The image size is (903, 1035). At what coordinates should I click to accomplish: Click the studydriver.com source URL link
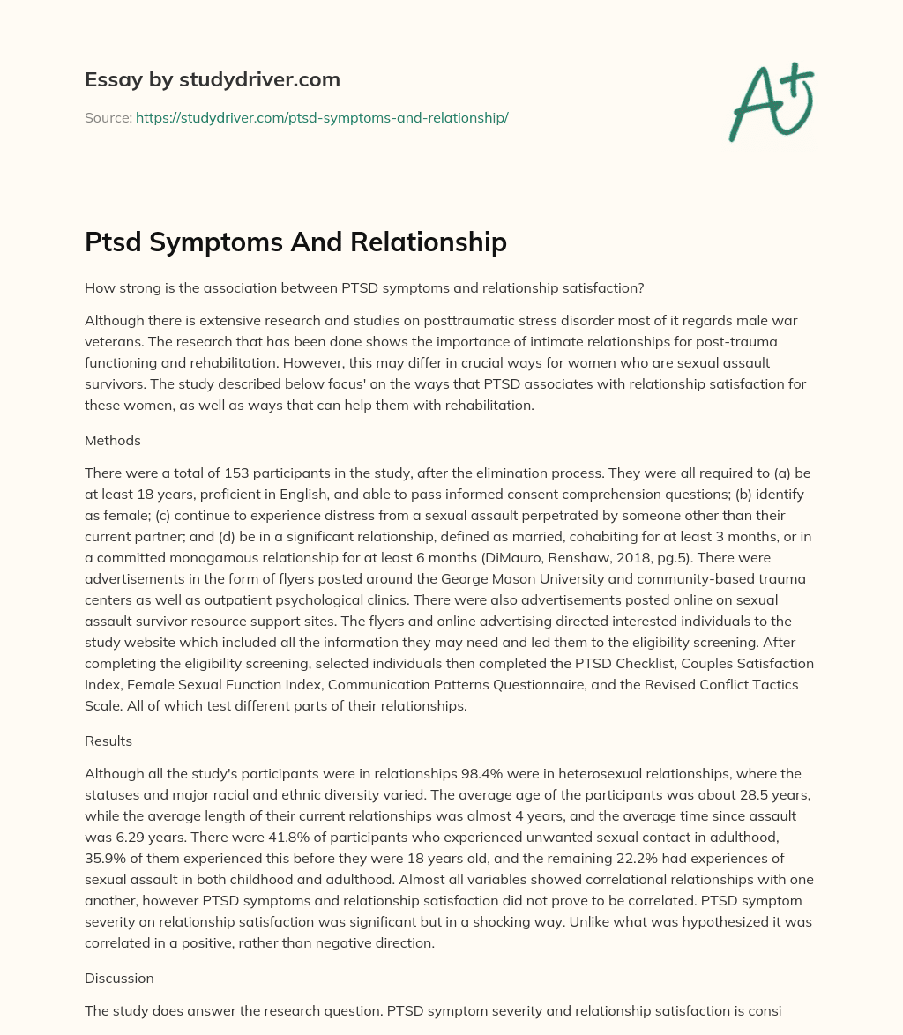[322, 117]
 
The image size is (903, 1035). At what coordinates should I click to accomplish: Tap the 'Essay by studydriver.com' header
[213, 79]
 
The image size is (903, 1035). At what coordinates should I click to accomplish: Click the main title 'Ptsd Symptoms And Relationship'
[295, 242]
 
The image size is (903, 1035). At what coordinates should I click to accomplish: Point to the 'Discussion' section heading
[119, 953]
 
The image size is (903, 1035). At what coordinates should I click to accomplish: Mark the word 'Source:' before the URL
[108, 117]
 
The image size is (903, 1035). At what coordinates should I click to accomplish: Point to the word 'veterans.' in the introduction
[115, 341]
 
